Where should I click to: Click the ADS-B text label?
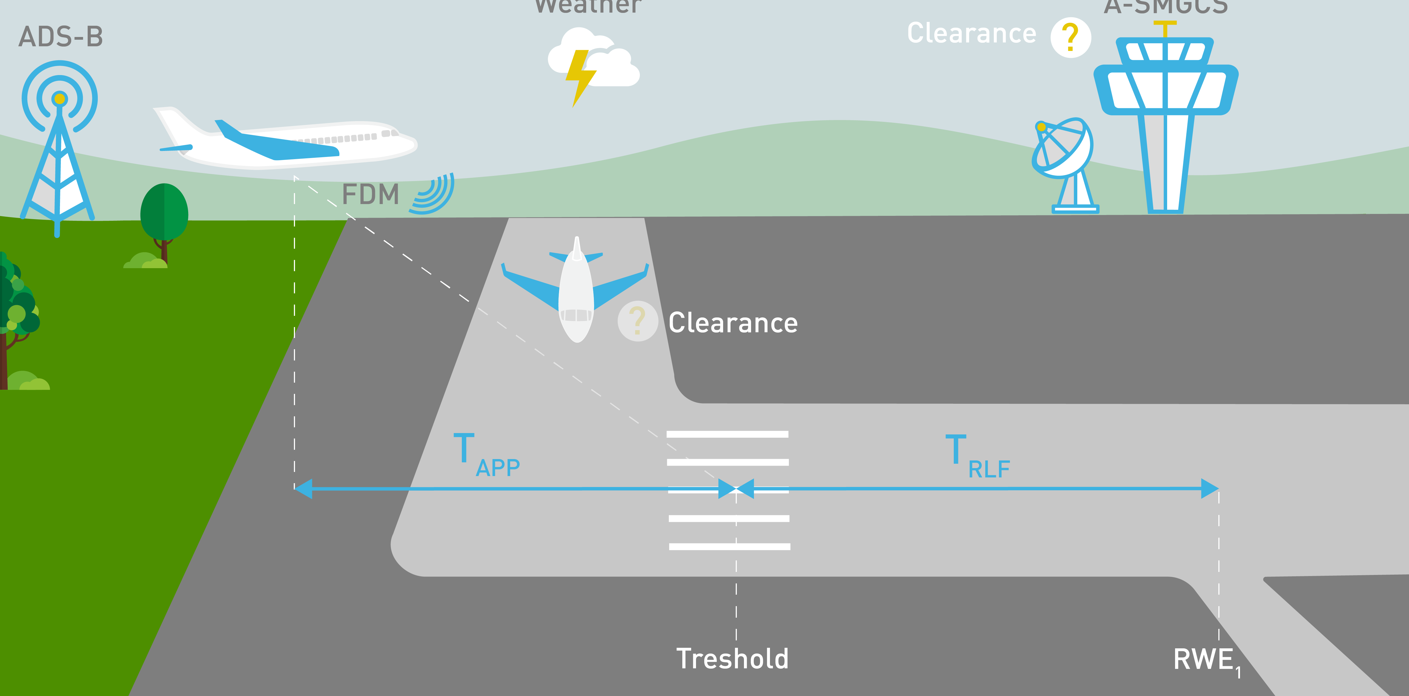[61, 37]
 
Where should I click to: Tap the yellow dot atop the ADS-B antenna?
[60, 99]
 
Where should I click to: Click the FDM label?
[370, 195]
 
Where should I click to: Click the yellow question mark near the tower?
[1070, 37]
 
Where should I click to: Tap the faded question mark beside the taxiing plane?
[637, 321]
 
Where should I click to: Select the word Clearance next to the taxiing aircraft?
[733, 323]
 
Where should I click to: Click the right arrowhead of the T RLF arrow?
[1210, 488]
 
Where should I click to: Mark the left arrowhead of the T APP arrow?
[303, 488]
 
